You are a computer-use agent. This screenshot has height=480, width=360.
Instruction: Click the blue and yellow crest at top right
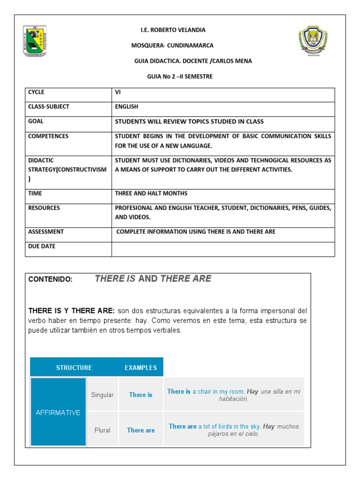click(x=314, y=41)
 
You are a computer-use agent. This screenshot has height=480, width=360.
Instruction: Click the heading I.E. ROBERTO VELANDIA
click(x=173, y=30)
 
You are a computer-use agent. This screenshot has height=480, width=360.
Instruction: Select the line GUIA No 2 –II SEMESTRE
click(x=180, y=76)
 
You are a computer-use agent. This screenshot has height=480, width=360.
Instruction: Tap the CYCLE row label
click(x=36, y=92)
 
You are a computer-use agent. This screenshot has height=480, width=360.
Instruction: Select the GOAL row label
click(x=36, y=121)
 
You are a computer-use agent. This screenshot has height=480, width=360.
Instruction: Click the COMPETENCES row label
click(x=48, y=136)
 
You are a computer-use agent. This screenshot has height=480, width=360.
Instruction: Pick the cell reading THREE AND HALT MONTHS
click(x=151, y=194)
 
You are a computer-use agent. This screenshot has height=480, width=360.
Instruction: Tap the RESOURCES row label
click(x=44, y=208)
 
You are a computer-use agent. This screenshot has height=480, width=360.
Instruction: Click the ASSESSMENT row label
click(x=46, y=232)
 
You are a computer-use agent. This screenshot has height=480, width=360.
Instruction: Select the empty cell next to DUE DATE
click(x=223, y=249)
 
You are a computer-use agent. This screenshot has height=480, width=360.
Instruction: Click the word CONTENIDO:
click(x=51, y=279)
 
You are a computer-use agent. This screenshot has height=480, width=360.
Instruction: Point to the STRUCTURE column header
click(x=74, y=368)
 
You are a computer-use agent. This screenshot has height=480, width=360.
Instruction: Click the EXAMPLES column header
click(x=141, y=368)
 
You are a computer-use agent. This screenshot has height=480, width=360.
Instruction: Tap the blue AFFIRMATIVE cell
click(x=58, y=413)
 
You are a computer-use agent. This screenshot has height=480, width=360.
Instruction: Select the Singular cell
click(x=102, y=395)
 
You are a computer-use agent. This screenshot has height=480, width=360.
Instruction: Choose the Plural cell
click(x=102, y=430)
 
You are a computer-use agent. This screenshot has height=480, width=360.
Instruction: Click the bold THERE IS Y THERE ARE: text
click(x=71, y=311)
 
